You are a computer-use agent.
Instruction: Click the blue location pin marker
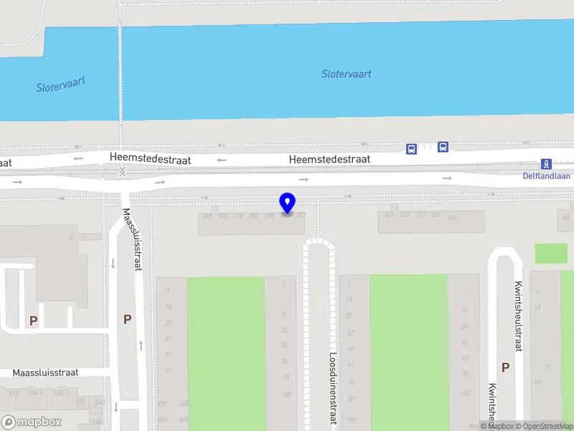tap(288, 203)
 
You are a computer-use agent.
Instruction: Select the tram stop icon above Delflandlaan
tap(546, 164)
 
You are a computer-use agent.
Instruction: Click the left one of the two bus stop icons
tap(411, 149)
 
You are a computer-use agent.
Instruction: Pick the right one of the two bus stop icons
tap(443, 147)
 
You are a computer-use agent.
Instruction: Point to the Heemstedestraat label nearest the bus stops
tap(329, 159)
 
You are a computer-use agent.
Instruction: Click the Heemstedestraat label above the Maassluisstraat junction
tap(150, 159)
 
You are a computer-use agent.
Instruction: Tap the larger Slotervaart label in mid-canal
tap(347, 73)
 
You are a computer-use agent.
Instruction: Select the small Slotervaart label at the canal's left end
tap(61, 84)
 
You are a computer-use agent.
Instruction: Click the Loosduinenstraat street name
tap(333, 388)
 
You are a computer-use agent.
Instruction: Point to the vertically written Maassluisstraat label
tap(131, 239)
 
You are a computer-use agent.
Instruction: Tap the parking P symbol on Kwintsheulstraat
tap(505, 367)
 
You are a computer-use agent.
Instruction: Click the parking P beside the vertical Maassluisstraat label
tap(127, 319)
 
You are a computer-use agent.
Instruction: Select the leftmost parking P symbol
tap(32, 321)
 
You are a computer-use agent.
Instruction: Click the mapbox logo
tap(32, 422)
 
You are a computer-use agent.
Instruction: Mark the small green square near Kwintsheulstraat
tap(551, 253)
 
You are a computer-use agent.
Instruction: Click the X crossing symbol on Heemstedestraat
tap(122, 172)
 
